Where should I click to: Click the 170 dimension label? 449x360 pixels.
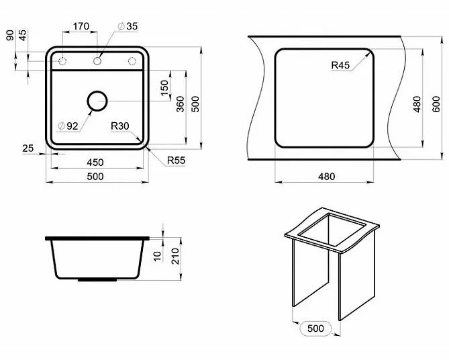(81, 26)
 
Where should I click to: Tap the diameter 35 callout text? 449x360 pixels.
(128, 26)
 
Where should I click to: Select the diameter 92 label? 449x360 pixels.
(68, 126)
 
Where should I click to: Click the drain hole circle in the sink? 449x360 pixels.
(97, 101)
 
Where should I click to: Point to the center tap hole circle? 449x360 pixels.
(97, 61)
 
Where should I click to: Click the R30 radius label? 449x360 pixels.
(119, 126)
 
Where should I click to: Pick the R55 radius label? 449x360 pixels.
(176, 161)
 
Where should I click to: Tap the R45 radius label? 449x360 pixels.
(340, 65)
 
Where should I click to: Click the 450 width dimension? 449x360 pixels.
(95, 163)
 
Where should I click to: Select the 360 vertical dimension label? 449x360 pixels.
(180, 104)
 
